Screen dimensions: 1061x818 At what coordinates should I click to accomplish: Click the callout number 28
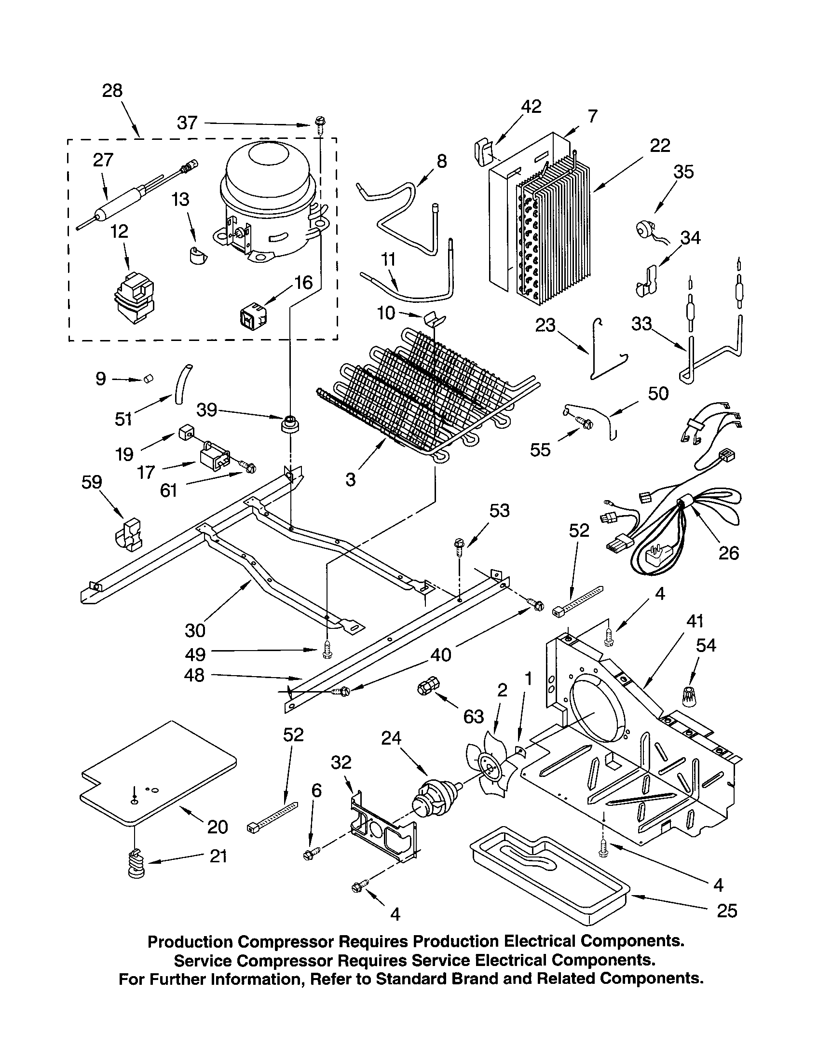pos(112,90)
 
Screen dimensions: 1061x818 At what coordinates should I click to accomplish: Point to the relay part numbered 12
pos(134,297)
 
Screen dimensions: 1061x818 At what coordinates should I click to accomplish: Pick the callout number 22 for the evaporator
pos(660,145)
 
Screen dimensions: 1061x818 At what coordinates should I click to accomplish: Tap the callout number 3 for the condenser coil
pos(350,479)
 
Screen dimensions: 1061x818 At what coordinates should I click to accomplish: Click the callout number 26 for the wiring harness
pos(728,552)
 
